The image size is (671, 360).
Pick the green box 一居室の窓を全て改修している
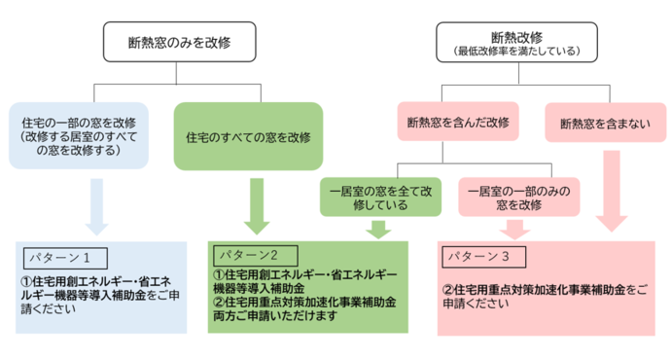click(x=376, y=196)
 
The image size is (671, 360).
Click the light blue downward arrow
click(x=96, y=207)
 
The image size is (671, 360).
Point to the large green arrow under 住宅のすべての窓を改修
click(x=258, y=205)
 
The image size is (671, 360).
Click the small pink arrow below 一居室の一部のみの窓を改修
click(x=514, y=230)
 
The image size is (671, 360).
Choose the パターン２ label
click(x=248, y=252)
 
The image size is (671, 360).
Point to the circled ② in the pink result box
click(x=448, y=288)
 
